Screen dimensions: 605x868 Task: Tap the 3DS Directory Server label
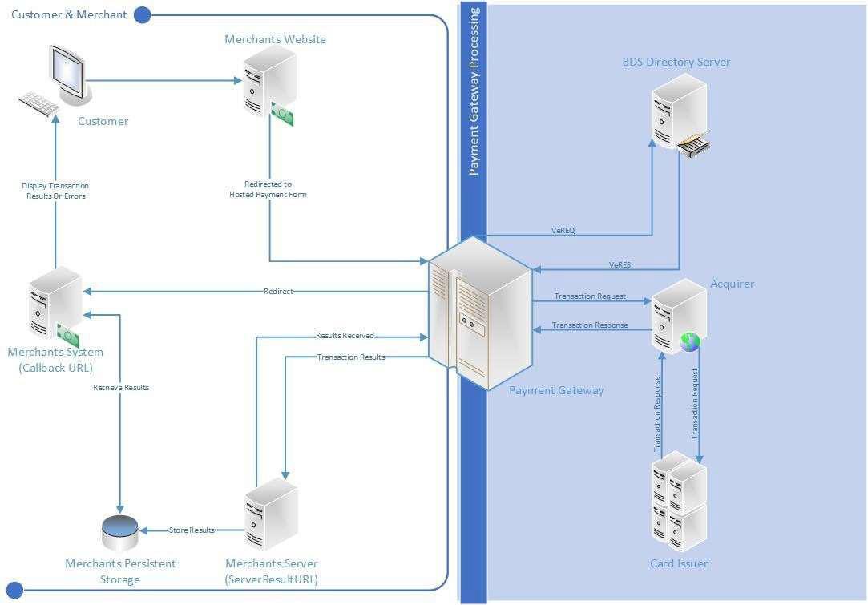(676, 62)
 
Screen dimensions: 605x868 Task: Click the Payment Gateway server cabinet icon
(479, 313)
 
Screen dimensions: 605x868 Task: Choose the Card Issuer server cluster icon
(678, 502)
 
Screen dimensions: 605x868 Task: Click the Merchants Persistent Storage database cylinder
(120, 528)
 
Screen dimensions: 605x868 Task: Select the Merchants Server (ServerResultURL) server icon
(271, 514)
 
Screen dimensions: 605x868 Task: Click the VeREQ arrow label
(563, 231)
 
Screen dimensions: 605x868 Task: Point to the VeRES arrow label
(620, 265)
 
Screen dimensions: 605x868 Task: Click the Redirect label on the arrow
(278, 291)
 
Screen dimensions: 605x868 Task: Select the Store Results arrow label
(192, 530)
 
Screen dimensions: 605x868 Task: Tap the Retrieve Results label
(120, 388)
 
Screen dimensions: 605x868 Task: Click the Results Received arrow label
(345, 336)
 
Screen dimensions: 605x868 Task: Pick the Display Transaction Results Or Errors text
(55, 191)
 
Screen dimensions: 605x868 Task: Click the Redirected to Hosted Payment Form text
(268, 189)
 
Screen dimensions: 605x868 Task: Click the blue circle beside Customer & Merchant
(143, 14)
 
